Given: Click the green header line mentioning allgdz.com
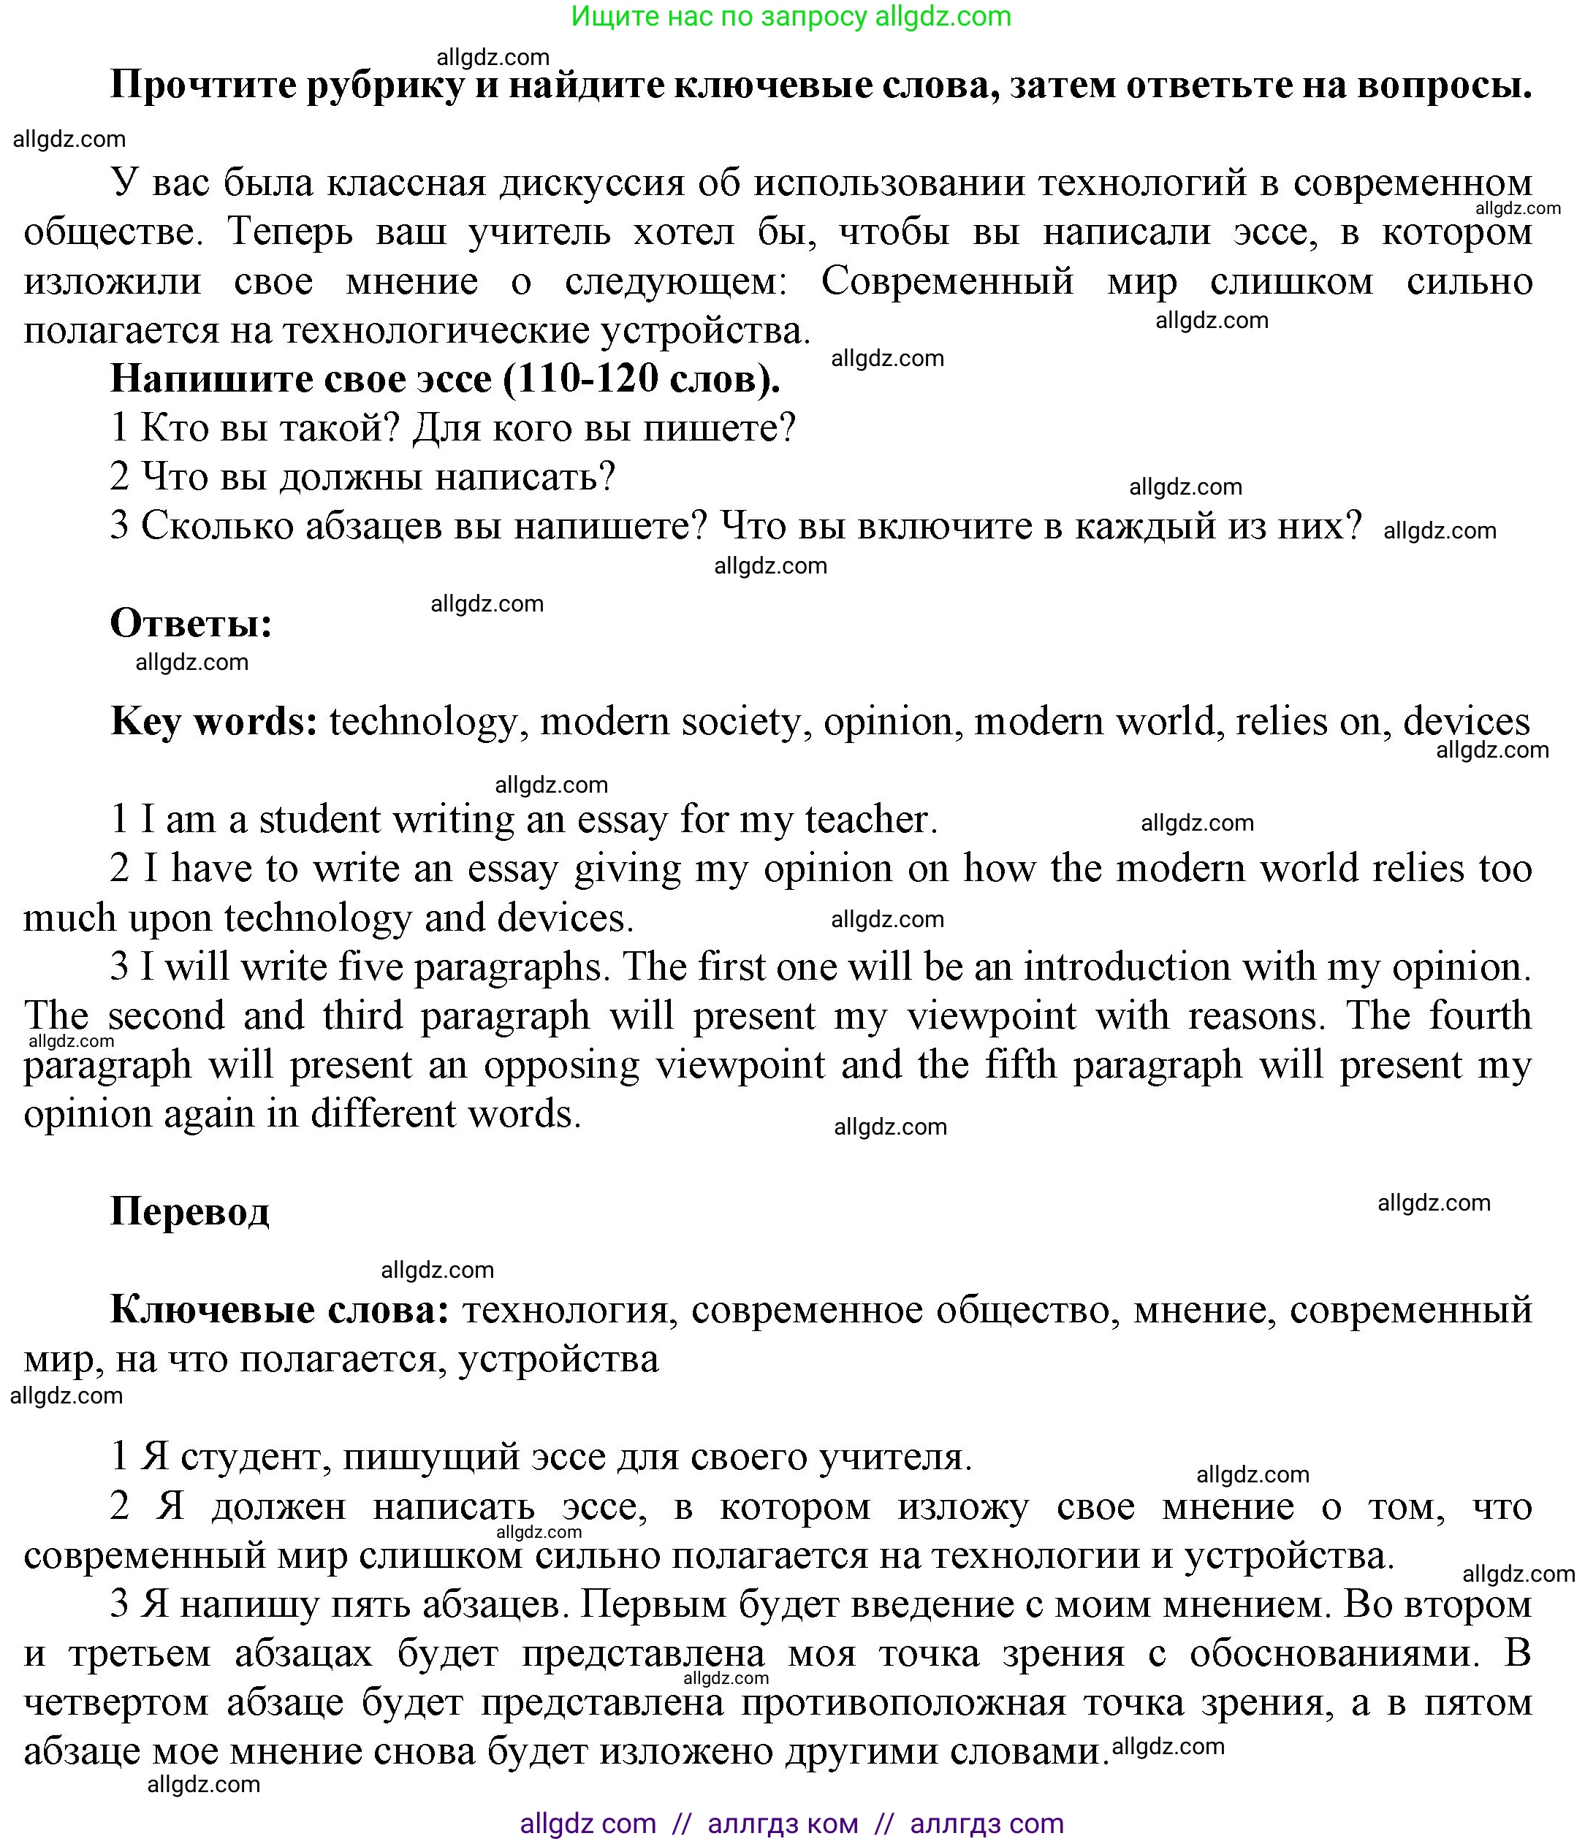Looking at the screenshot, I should [x=791, y=16].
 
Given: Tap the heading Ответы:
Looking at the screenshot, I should [x=191, y=623].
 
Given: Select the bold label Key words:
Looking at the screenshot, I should [x=213, y=721].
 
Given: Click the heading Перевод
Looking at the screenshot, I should [x=189, y=1211].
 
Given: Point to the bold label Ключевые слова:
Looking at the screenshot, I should [x=279, y=1309].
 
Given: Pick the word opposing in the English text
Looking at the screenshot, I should [x=560, y=1065].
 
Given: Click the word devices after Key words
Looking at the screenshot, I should [x=1467, y=721].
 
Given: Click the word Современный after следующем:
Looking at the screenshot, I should [x=947, y=282].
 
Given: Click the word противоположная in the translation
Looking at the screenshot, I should [x=903, y=1702].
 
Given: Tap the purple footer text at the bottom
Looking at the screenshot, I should [x=791, y=1824].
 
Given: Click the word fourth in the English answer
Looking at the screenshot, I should [x=1480, y=1016].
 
